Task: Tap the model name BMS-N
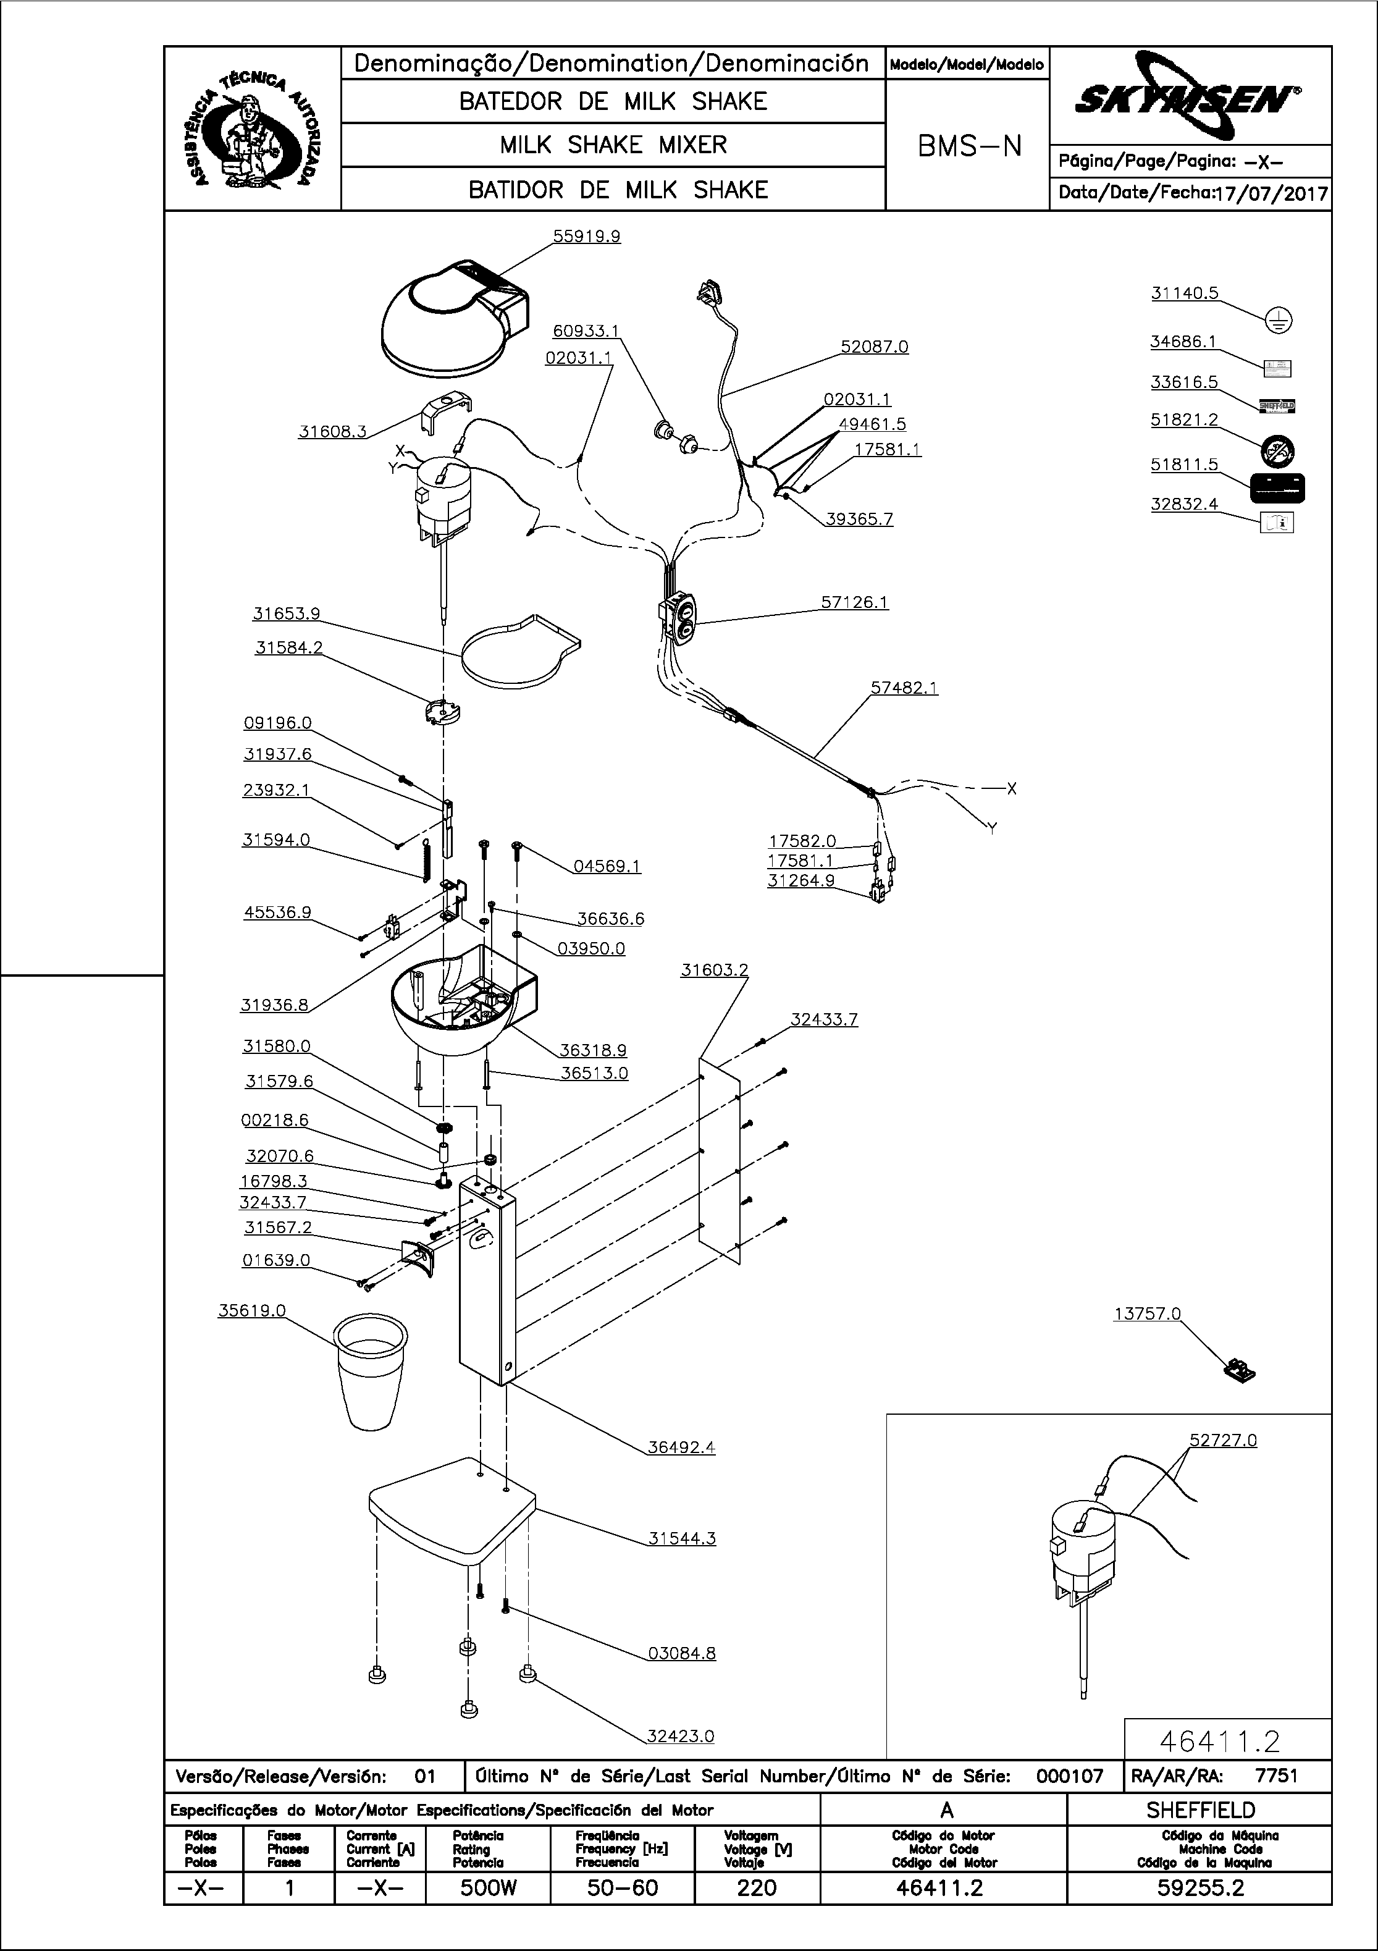[968, 147]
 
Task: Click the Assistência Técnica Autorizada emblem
[253, 129]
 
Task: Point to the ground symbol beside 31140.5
[1279, 321]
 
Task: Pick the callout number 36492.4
[681, 1447]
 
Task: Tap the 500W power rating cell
[489, 1888]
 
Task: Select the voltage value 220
[756, 1888]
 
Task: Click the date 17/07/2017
[1271, 194]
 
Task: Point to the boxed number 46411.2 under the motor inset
[1219, 1741]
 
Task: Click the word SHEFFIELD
[1199, 1810]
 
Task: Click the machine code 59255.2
[1199, 1888]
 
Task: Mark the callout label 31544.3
[681, 1538]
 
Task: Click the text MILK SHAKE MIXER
[613, 145]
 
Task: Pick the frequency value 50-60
[622, 1888]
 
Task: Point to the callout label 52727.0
[1222, 1440]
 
